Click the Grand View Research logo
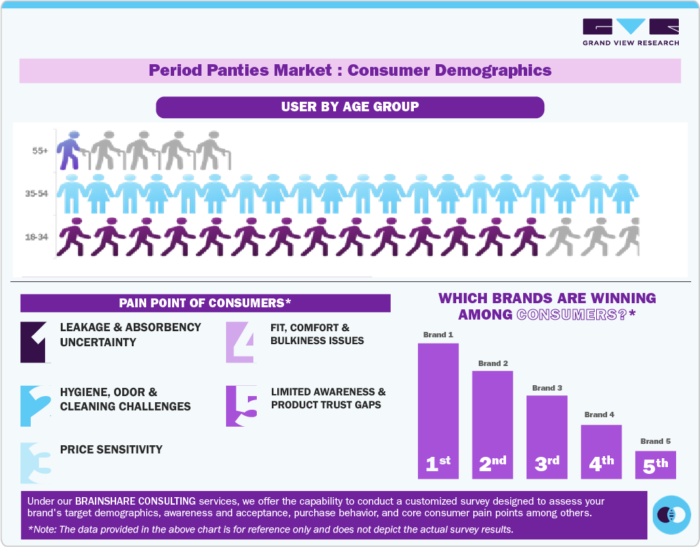(630, 32)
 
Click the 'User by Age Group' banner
(350, 107)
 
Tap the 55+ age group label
(40, 151)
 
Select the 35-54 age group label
(37, 193)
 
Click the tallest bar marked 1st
(438, 410)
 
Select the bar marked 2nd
(492, 423)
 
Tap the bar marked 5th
(655, 464)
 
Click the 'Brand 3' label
(546, 388)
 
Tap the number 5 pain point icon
(241, 406)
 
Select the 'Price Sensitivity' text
(111, 449)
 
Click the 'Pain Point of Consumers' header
(205, 303)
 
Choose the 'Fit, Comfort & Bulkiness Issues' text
(317, 334)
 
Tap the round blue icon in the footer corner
(671, 514)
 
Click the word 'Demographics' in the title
(488, 70)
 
